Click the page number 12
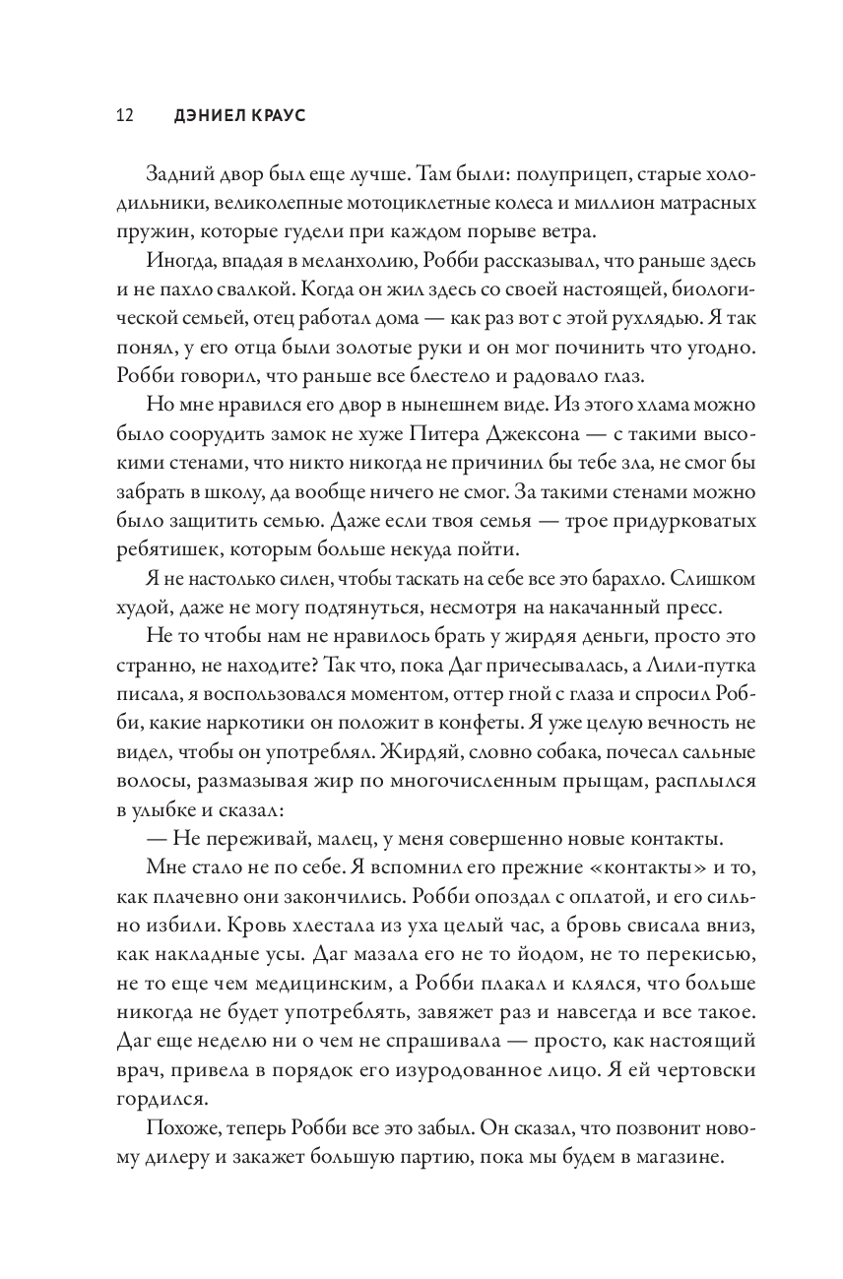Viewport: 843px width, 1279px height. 125,115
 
